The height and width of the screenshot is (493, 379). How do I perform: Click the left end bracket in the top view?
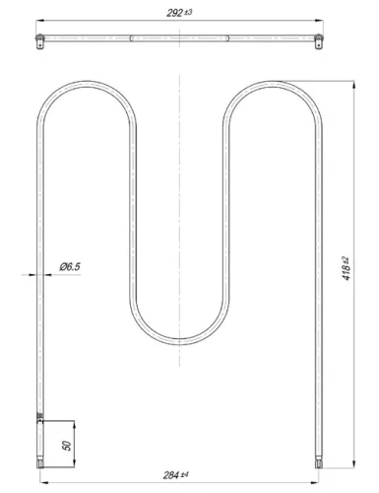(39, 39)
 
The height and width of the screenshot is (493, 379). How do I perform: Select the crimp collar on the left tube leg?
(39, 418)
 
